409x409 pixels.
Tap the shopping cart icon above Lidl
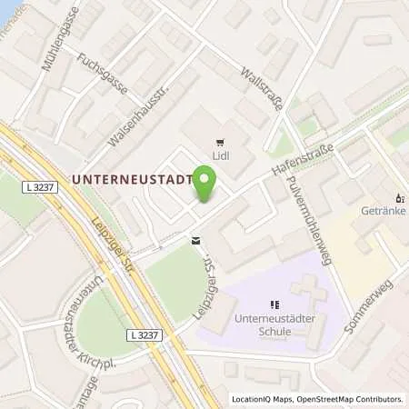[221, 141]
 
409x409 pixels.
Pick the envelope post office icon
[195, 241]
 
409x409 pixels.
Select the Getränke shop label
[386, 210]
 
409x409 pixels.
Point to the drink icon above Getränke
[397, 196]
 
